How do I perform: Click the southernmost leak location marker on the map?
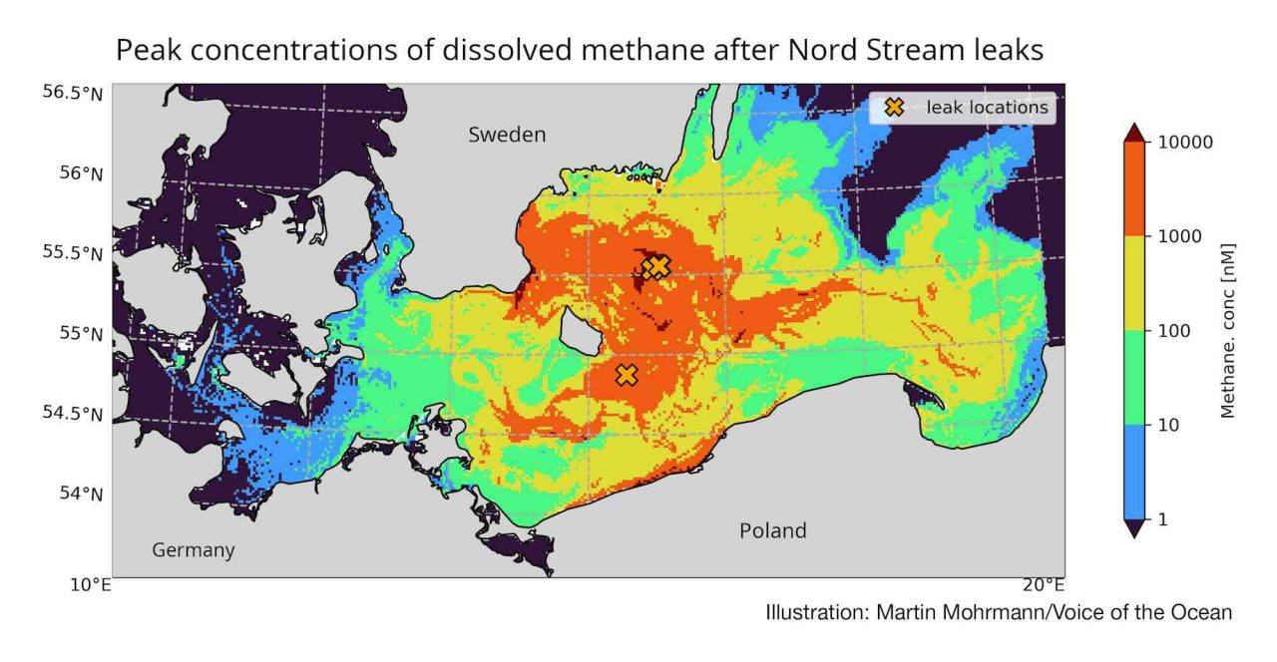tap(627, 375)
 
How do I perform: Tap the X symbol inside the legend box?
tap(894, 107)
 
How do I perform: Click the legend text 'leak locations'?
tap(987, 108)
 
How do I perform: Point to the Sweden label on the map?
tap(507, 135)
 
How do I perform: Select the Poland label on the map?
tap(772, 530)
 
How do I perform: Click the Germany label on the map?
tap(194, 550)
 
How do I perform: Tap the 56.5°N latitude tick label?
tap(73, 93)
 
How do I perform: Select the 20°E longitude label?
tap(1042, 585)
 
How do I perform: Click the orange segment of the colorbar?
tap(1134, 188)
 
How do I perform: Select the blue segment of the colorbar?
tap(1134, 472)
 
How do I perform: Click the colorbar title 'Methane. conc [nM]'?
tap(1228, 330)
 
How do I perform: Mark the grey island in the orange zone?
tap(579, 330)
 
